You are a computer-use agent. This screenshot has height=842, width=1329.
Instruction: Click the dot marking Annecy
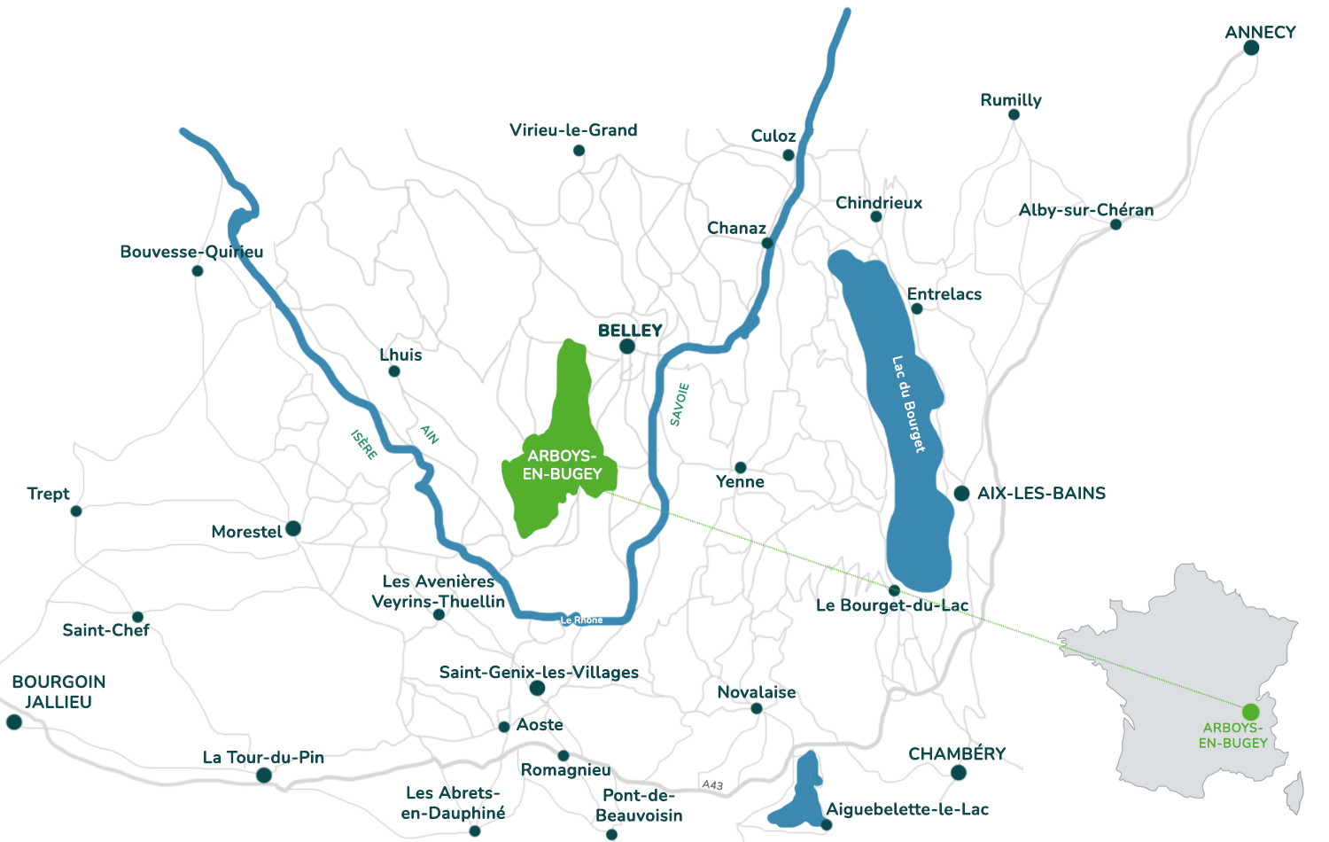(x=1251, y=48)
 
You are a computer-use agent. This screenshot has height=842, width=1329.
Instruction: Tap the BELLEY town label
(x=630, y=331)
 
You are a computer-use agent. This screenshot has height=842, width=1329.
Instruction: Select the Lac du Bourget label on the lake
(x=908, y=404)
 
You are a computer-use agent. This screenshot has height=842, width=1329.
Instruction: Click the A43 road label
(x=712, y=784)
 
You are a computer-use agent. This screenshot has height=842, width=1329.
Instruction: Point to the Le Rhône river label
(x=581, y=620)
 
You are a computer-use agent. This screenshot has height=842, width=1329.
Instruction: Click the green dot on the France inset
(x=1250, y=712)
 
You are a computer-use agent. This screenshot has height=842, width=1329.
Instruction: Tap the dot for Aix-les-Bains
(x=961, y=494)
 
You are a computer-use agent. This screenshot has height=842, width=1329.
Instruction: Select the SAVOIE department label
(x=680, y=404)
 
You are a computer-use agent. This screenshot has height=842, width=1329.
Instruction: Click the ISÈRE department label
(x=363, y=444)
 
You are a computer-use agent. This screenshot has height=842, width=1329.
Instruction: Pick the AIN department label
(x=430, y=433)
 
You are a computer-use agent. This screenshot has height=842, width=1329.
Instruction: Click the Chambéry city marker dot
(x=958, y=773)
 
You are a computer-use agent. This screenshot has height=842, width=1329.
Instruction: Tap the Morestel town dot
(x=293, y=529)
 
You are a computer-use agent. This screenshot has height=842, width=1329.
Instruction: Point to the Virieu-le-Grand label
(x=573, y=130)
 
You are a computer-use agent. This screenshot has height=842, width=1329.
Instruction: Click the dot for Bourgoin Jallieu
(x=14, y=722)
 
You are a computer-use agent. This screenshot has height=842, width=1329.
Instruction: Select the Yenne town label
(x=740, y=482)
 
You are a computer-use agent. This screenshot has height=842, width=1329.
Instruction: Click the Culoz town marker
(x=789, y=155)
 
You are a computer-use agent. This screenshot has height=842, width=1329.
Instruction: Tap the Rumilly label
(x=1010, y=100)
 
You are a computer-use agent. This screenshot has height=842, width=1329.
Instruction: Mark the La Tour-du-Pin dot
(x=264, y=776)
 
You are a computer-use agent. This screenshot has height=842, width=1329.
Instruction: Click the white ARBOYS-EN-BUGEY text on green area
(x=562, y=465)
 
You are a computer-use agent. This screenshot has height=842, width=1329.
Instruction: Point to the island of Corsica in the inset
(x=1294, y=791)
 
